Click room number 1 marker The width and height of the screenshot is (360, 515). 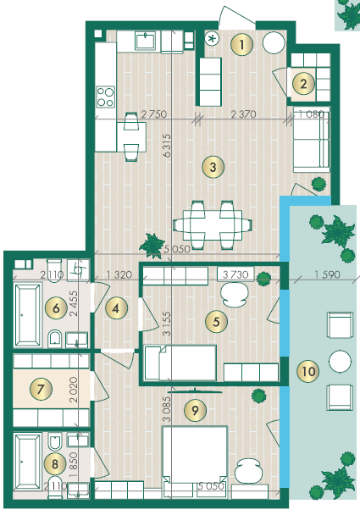[241, 44]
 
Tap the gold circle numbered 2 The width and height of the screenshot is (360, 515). [303, 84]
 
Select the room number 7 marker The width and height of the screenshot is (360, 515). [41, 389]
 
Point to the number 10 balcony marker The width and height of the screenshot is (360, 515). [308, 372]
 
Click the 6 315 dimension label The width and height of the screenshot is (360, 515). [167, 145]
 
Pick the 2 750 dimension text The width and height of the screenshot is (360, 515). [153, 114]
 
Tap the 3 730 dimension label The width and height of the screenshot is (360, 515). [235, 274]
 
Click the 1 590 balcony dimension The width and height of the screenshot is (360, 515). [327, 274]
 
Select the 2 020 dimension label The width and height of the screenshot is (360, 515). [74, 390]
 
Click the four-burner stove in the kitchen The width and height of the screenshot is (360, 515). [106, 97]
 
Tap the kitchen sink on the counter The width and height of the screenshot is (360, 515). [146, 42]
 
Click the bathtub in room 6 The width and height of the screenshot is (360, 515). [28, 315]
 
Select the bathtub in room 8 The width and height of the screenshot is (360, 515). [28, 462]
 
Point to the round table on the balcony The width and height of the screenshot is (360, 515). [340, 361]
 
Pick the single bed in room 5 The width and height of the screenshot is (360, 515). [180, 363]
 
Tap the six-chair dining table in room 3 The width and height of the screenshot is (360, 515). [213, 225]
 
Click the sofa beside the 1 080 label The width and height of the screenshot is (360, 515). [312, 139]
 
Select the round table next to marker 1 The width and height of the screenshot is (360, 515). [274, 43]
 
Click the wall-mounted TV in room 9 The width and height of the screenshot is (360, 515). [195, 390]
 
